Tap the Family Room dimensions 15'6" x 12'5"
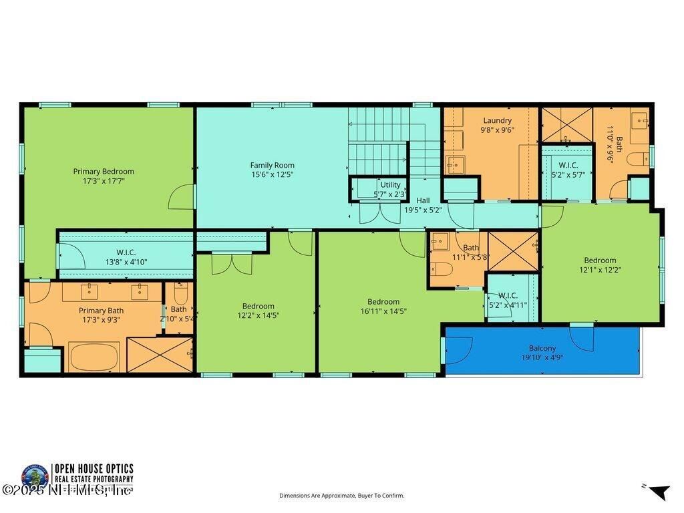(272, 174)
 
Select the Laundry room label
(497, 121)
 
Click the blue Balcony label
(542, 348)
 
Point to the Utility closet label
(390, 184)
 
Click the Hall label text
(423, 200)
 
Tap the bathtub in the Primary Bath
(94, 357)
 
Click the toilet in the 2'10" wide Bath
(180, 295)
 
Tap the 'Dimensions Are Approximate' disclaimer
(341, 496)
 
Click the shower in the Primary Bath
(159, 355)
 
